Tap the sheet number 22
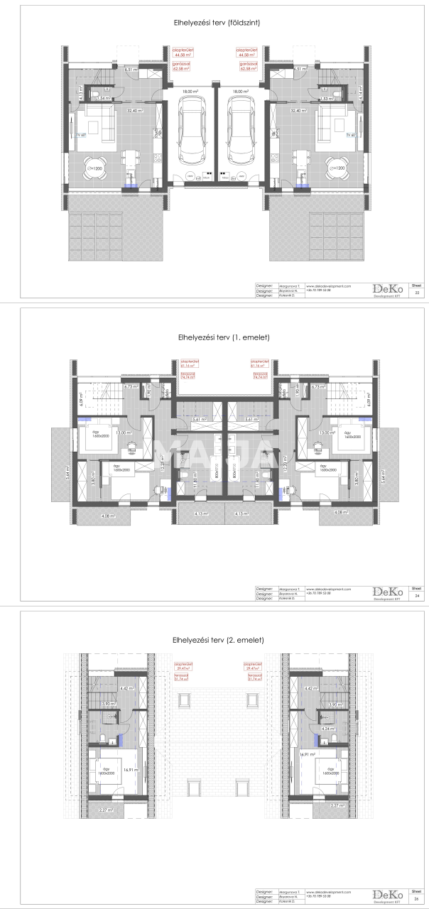(417, 293)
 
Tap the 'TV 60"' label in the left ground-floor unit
(80, 134)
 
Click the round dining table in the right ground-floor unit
(337, 168)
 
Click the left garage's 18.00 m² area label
(190, 92)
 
